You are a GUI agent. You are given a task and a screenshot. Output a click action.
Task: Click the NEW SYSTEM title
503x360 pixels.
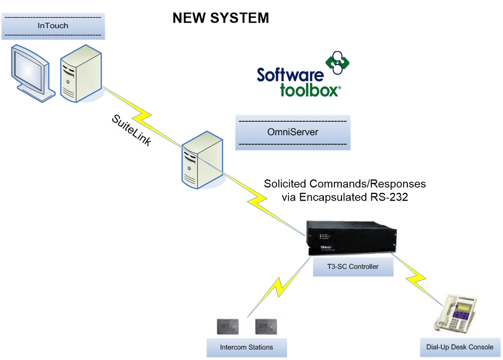pyautogui.click(x=221, y=18)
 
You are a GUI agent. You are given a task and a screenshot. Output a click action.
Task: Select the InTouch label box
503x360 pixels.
pyautogui.click(x=53, y=26)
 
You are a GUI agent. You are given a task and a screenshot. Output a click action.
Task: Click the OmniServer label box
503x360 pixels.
pyautogui.click(x=293, y=132)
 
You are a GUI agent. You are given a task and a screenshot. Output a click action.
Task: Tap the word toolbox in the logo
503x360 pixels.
pyautogui.click(x=309, y=90)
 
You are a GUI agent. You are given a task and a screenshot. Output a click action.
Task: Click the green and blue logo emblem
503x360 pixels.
pyautogui.click(x=337, y=62)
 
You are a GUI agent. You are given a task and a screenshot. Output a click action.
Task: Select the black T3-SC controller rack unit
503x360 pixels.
pyautogui.click(x=350, y=238)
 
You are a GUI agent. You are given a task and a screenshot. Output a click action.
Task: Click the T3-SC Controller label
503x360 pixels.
pyautogui.click(x=353, y=267)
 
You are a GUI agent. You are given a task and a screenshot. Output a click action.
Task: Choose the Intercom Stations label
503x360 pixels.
pyautogui.click(x=246, y=347)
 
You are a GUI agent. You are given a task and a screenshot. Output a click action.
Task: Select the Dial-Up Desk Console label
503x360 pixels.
pyautogui.click(x=460, y=347)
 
